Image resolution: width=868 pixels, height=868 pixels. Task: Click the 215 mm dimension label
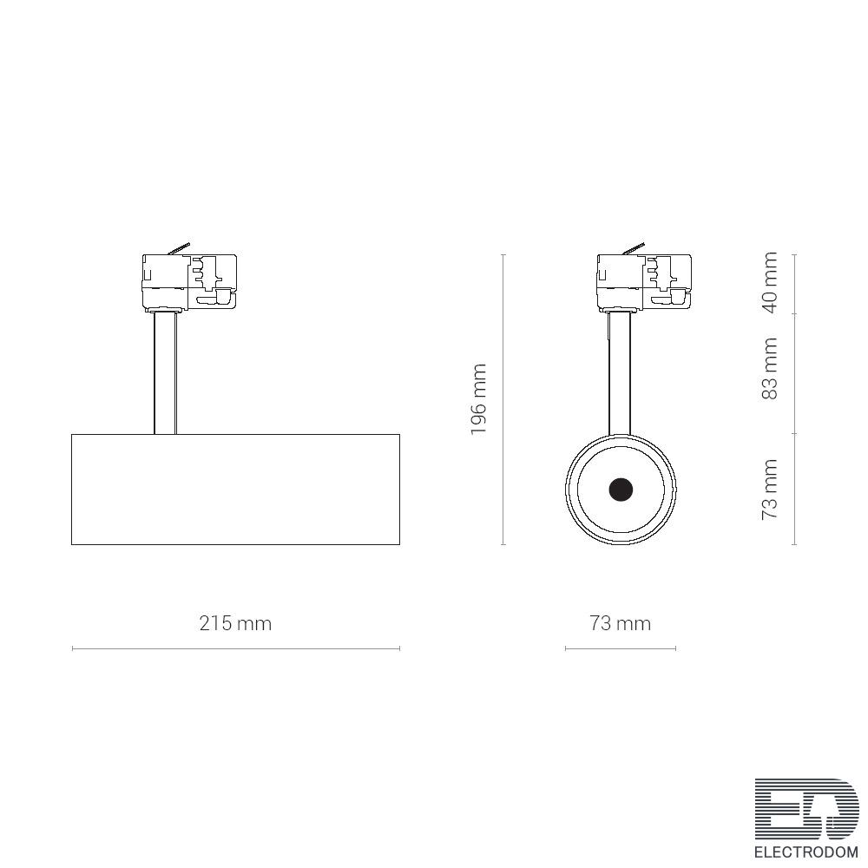tap(235, 623)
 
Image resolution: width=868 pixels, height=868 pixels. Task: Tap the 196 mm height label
tap(478, 399)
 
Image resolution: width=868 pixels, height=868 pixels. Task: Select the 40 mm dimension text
tap(769, 282)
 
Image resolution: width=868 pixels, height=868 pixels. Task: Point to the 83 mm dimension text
tap(769, 368)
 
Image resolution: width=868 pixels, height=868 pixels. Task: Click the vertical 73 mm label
tap(769, 489)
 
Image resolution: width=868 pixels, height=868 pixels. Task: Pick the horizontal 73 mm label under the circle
tap(620, 623)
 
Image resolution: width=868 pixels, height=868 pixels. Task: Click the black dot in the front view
tap(621, 490)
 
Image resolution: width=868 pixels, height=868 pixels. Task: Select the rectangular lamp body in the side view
tap(236, 490)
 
